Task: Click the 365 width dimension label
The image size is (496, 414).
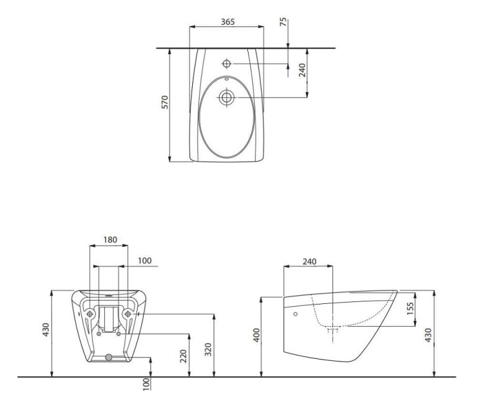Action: coord(228,22)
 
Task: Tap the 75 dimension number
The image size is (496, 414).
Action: coord(284,22)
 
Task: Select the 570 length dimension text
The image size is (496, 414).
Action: coord(165,102)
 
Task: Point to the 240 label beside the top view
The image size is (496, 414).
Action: coord(303,70)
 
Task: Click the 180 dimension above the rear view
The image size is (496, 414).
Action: coord(110,239)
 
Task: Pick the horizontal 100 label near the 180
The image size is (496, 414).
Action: coord(145,261)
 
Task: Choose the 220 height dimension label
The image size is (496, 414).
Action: coord(184,356)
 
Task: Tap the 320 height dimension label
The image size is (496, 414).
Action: coord(208,350)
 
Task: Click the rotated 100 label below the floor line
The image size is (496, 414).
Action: coord(146,384)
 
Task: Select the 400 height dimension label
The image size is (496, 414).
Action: coord(257,335)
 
